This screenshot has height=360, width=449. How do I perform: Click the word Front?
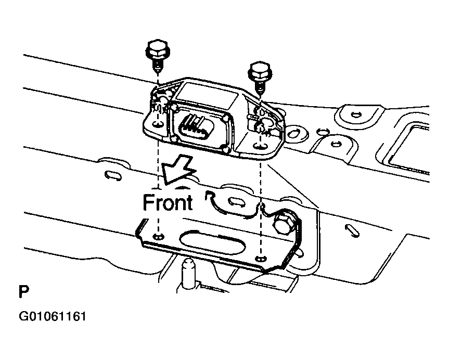coord(168,202)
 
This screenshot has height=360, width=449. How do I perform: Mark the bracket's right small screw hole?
coord(261,258)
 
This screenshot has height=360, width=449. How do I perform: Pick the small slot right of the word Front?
coord(235,201)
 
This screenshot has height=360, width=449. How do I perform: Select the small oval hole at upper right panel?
coord(356,114)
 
